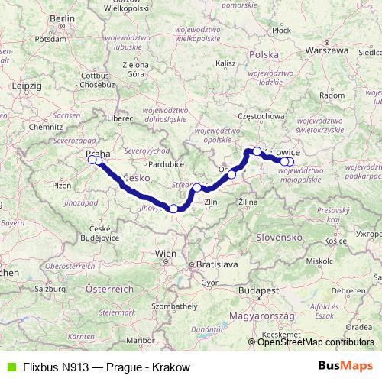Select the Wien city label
click(x=165, y=253)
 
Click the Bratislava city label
click(x=218, y=264)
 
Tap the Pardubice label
click(x=167, y=163)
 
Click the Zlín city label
click(x=212, y=202)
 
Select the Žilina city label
click(x=248, y=201)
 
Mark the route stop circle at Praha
click(x=93, y=160)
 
